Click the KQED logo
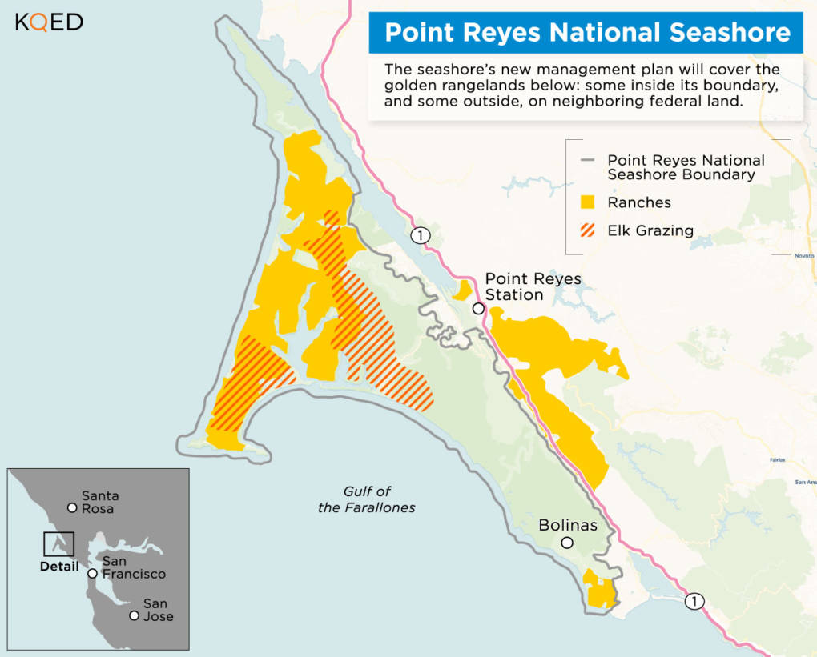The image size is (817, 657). (x=49, y=22)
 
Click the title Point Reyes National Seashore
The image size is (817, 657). (x=587, y=32)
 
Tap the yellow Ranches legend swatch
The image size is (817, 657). (x=588, y=202)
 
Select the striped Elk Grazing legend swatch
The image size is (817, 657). (x=588, y=231)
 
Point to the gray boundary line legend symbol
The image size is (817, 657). (x=588, y=161)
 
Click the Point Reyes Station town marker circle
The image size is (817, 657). (x=478, y=309)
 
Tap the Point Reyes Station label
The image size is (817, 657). (x=533, y=286)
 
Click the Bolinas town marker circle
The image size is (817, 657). (x=567, y=543)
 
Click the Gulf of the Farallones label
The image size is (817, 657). (x=367, y=499)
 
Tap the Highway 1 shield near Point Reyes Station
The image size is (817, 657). (x=421, y=235)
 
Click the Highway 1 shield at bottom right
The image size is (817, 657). (x=694, y=602)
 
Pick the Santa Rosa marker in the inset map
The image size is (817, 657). (x=72, y=507)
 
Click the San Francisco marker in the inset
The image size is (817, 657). (x=93, y=574)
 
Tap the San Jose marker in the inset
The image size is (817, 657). (x=134, y=615)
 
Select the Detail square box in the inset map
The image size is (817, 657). (x=58, y=544)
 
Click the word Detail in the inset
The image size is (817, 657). (x=59, y=567)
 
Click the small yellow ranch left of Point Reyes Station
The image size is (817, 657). (x=462, y=290)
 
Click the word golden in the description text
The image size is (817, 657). (x=415, y=86)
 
